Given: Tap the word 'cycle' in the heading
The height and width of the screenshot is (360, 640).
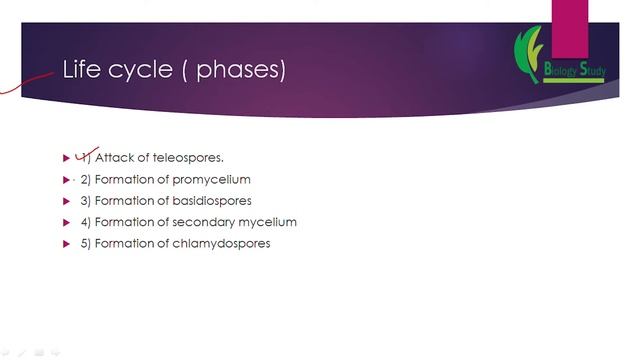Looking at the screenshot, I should pos(140,70).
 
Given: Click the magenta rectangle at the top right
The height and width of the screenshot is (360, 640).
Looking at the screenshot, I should pos(569,28).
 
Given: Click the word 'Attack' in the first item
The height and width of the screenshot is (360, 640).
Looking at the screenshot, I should pos(114,158).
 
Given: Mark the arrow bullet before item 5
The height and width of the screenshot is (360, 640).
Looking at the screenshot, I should pos(67,244).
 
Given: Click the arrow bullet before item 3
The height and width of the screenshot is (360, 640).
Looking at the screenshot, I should pos(67,202).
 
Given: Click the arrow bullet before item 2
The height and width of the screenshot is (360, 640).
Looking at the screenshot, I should pos(67,180).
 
